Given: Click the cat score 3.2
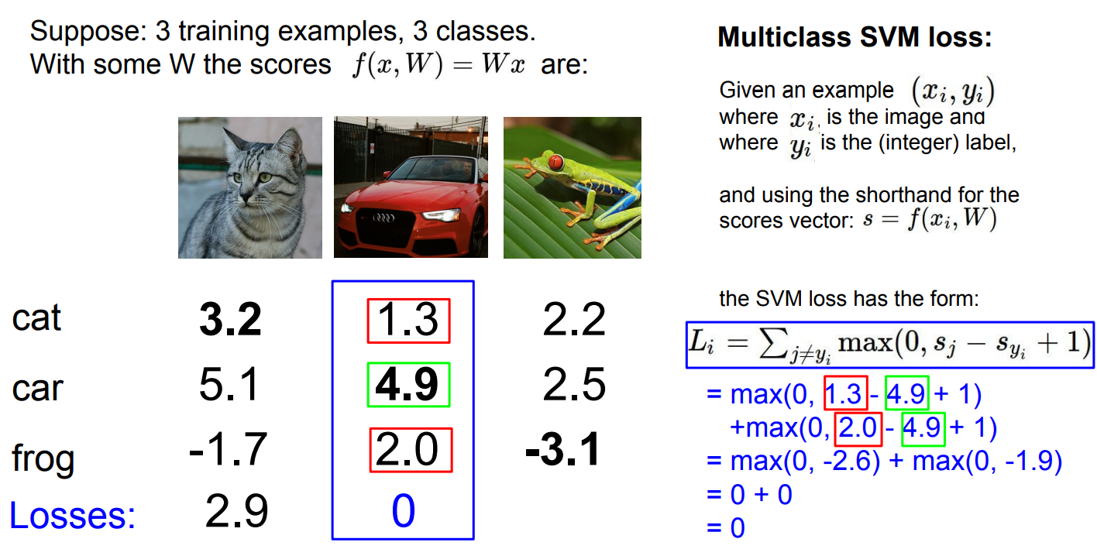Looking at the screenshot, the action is pos(230,320).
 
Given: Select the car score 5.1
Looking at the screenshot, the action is pos(229,384).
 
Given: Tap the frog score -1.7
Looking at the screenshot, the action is pos(229,449).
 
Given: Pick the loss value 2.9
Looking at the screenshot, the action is pos(236,511).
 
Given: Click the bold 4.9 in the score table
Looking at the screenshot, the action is pos(407,385).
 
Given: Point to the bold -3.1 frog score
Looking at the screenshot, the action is pos(562,449).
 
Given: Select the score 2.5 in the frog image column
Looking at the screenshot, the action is pos(574,384).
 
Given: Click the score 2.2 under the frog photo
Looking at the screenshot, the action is pos(574,320).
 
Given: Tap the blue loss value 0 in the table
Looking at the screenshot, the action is pos(404,511).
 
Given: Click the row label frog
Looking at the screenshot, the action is pos(43,457).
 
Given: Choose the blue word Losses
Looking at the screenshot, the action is pos(73,516).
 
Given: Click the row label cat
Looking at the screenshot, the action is pos(36,318).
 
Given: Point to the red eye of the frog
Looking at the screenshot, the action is pos(555,162).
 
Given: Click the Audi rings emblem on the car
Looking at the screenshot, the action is pos(383,218).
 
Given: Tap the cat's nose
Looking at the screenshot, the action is pos(246,197).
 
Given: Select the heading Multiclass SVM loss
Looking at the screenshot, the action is pos(855,36).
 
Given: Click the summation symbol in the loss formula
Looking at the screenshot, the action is pos(773,342).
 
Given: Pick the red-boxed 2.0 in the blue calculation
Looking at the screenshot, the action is pos(858,427).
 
